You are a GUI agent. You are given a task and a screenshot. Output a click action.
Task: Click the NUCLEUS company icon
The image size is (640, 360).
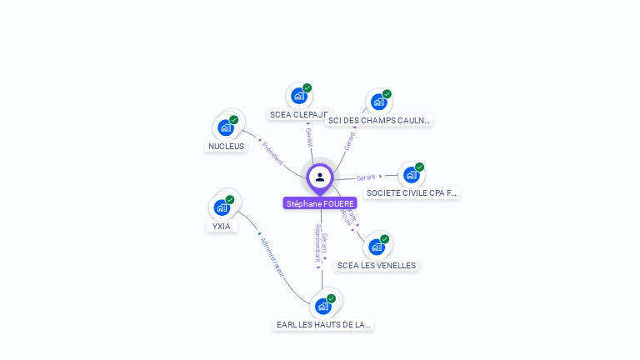coord(225,127)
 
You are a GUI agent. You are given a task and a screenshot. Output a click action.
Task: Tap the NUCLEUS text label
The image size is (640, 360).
coord(227,147)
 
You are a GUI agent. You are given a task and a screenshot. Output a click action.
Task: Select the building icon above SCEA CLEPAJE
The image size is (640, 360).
coord(298,96)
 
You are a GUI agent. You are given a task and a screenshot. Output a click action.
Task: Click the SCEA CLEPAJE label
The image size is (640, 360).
coord(298,114)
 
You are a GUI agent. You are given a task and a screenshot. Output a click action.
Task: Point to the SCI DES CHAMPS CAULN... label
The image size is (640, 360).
coord(379,120)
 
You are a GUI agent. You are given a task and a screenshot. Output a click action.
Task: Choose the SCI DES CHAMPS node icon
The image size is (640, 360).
coord(378,102)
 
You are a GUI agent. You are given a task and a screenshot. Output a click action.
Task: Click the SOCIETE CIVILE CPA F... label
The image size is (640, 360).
coord(411,192)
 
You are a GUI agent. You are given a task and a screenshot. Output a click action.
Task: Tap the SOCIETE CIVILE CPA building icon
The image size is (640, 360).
coord(411,174)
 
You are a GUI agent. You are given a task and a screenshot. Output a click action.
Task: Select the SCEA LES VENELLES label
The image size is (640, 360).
coord(376,265)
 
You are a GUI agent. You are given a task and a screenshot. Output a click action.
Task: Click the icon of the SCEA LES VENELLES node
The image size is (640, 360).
coord(377,247)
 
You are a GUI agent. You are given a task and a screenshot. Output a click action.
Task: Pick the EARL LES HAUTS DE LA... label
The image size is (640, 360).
coord(323,324)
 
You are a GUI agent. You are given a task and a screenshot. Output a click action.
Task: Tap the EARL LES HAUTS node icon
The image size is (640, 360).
coord(323,306)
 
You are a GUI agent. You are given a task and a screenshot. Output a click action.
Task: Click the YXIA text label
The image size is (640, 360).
coord(221,226)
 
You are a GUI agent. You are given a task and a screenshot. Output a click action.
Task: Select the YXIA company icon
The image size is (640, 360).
coord(222,207)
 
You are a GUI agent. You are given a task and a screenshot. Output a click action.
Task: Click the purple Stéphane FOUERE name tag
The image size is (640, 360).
coord(320,203)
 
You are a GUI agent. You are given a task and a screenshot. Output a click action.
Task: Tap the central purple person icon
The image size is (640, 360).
coord(320,177)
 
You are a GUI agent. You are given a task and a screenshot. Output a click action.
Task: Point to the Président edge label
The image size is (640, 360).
coord(272,152)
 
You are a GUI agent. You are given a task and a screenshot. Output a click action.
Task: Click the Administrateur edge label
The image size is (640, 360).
coord(272,257)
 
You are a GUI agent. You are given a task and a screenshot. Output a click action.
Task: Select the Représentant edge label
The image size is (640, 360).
coord(317,243)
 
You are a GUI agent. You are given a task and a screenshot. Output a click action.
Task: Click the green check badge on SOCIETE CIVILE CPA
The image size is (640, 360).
coord(419,167)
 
